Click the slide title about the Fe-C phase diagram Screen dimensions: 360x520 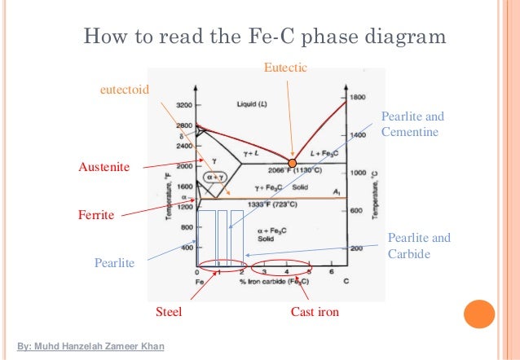point(266,37)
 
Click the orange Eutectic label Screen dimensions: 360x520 point(286,68)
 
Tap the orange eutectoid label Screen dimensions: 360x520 point(124,90)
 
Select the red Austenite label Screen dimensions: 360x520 point(104,166)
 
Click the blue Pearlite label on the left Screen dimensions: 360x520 point(115,264)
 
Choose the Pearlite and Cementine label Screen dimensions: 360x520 point(412,124)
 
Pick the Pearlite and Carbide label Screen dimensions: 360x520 point(419,246)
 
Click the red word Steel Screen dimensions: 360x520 point(169,312)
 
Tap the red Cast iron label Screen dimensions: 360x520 point(315,312)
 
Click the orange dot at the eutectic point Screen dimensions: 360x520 point(293,163)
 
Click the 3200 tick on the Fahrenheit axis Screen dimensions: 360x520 point(183,106)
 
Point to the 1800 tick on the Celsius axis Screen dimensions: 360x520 point(358,97)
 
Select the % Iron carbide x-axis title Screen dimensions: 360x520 point(273,281)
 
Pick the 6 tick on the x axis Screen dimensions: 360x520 point(331,271)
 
